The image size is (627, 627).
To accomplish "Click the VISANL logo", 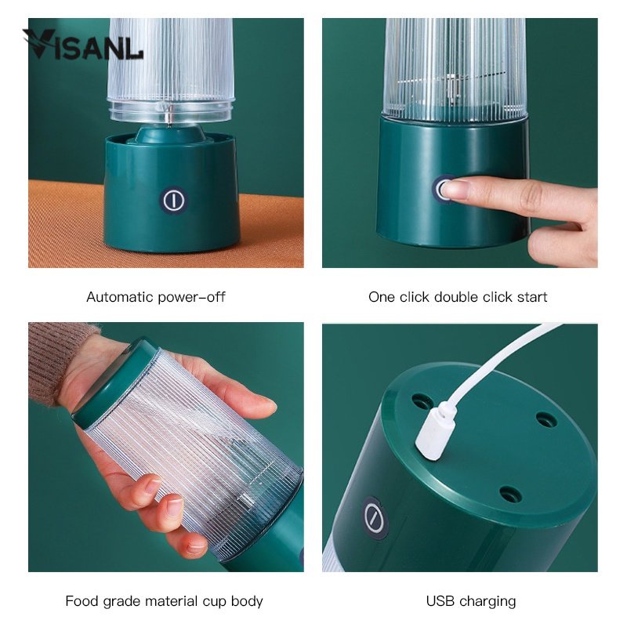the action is (82, 45).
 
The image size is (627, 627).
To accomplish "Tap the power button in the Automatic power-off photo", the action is (174, 200).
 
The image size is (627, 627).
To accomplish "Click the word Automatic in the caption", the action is (120, 297).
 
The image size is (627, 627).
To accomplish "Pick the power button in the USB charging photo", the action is (375, 518).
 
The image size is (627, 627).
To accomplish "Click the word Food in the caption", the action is (82, 601).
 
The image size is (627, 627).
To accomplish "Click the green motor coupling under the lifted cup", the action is (170, 134).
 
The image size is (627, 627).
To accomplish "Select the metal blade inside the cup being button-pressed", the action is (452, 85).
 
